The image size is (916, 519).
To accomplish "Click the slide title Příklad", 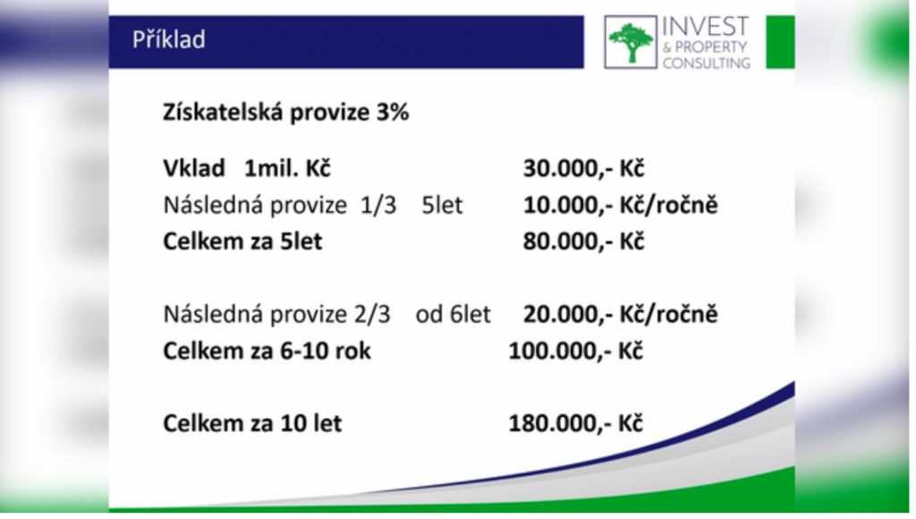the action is (x=169, y=40).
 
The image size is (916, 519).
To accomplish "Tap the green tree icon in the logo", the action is (x=631, y=42).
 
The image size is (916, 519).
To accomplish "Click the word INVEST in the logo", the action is (x=705, y=27).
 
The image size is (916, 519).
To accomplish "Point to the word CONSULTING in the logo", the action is (x=707, y=63).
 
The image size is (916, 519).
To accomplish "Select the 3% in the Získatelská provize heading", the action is (x=393, y=112).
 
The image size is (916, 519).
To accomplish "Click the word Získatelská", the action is (x=223, y=112).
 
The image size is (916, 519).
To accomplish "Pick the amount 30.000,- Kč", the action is (x=583, y=168).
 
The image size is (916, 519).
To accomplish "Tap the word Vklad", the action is (x=194, y=168).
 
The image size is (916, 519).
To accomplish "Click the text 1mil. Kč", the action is (x=287, y=168).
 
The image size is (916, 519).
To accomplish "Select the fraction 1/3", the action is (x=378, y=205).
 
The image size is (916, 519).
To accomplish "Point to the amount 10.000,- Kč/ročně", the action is (x=620, y=205).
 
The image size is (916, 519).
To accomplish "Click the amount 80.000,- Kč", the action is (x=583, y=242).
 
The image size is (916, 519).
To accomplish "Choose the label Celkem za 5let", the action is (x=242, y=242).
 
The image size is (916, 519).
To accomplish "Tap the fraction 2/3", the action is (x=371, y=314).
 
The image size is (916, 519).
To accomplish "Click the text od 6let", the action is (x=454, y=314).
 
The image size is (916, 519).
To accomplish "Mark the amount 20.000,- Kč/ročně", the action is (x=620, y=314).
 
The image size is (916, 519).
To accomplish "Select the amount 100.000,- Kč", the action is (x=576, y=351).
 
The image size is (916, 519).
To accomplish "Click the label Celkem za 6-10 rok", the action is (x=267, y=351).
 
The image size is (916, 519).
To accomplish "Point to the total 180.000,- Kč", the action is (x=576, y=423).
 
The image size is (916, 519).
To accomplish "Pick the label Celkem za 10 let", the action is (x=252, y=423).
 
